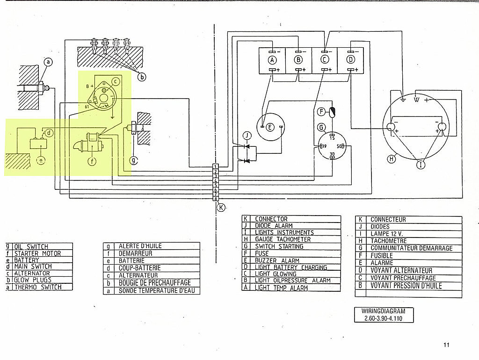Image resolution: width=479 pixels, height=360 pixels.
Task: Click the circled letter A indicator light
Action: (272, 60)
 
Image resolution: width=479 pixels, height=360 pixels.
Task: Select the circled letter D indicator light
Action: (351, 59)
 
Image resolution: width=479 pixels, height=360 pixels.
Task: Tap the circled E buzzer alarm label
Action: (270, 127)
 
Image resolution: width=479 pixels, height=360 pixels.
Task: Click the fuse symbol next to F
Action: (332, 112)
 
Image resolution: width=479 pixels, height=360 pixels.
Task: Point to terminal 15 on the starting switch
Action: (333, 137)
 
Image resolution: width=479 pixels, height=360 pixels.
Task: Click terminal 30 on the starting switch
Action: (333, 156)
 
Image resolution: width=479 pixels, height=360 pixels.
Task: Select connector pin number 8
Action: (216, 199)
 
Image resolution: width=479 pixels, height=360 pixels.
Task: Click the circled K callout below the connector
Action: (221, 208)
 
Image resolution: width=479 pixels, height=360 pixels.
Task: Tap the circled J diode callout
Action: (247, 136)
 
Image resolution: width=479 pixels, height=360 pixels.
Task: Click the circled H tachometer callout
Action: (392, 158)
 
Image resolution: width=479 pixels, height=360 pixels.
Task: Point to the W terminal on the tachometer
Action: (416, 100)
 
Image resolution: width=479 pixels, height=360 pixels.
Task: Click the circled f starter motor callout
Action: (92, 161)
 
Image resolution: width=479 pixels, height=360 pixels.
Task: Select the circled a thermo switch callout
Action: (48, 62)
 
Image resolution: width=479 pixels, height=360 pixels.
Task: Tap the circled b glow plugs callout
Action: (141, 77)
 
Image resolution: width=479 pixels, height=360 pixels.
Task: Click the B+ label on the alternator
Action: (90, 86)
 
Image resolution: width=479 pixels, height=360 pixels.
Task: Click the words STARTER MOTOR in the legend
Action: (37, 253)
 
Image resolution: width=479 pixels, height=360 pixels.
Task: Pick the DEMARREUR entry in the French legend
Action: (135, 253)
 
